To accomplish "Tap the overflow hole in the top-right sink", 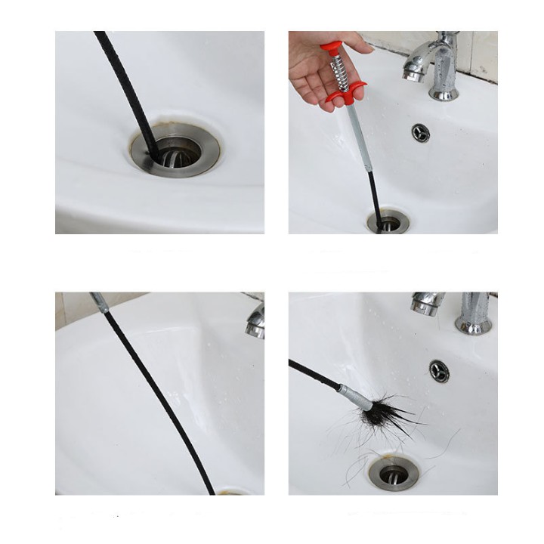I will [x=421, y=133].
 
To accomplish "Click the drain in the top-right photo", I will [x=388, y=223].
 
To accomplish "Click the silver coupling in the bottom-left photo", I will [x=100, y=302].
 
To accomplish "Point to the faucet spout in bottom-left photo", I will [x=255, y=321].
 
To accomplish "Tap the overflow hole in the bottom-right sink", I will [x=439, y=370].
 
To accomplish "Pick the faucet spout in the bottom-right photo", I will [x=428, y=303].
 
